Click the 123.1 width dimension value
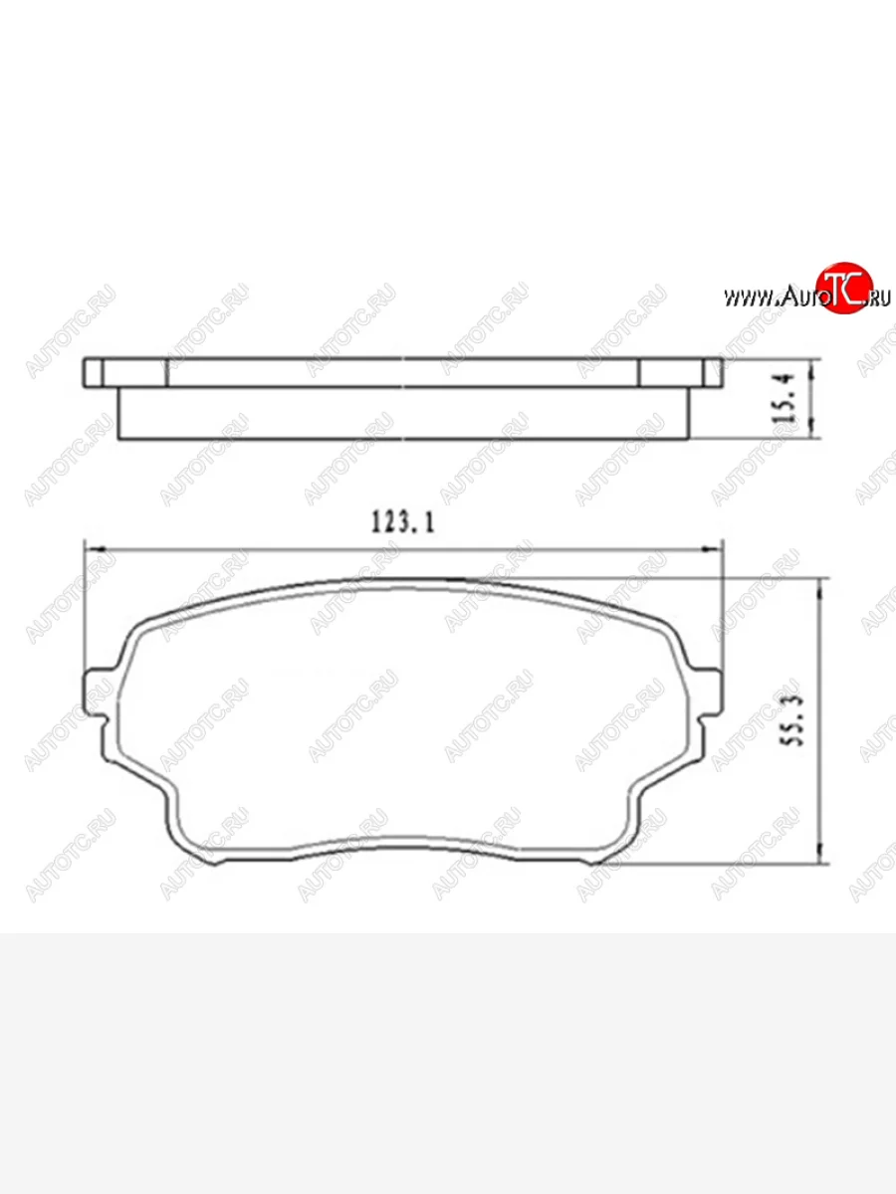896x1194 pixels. tap(403, 522)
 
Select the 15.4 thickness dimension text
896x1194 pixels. tap(785, 399)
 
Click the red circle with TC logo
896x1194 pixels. tap(843, 291)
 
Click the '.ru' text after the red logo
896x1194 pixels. tap(879, 297)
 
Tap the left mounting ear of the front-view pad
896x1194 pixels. tap(97, 690)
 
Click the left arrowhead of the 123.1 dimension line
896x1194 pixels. tap(94, 548)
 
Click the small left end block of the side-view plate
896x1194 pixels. tap(94, 373)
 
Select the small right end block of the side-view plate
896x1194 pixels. tap(711, 373)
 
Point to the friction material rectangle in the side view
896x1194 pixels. tap(403, 413)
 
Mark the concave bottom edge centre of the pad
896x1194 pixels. tap(403, 838)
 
